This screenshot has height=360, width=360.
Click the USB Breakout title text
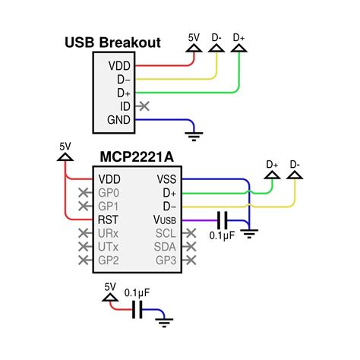tap(112, 43)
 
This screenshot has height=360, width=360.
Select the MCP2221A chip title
tap(137, 157)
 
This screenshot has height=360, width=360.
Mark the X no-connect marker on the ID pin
tap(144, 106)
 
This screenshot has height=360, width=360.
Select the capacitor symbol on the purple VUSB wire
tap(222, 220)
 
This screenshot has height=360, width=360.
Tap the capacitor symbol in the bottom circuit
tap(137, 309)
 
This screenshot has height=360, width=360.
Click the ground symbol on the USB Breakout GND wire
tap(197, 135)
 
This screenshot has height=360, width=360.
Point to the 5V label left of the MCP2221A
tap(65, 145)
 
